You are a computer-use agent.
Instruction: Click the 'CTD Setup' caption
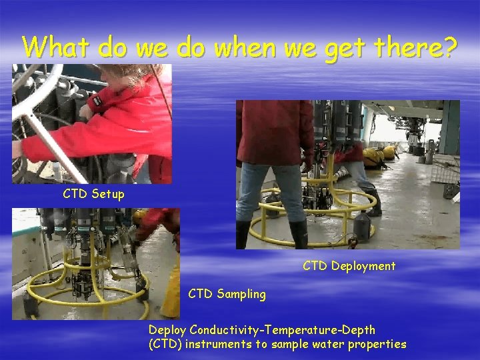(x=93, y=194)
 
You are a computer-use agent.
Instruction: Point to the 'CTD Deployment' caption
(x=349, y=266)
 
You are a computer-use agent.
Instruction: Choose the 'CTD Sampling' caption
(x=227, y=294)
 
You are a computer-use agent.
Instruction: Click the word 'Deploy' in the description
(x=167, y=330)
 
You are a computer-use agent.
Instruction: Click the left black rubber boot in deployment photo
(x=243, y=234)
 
